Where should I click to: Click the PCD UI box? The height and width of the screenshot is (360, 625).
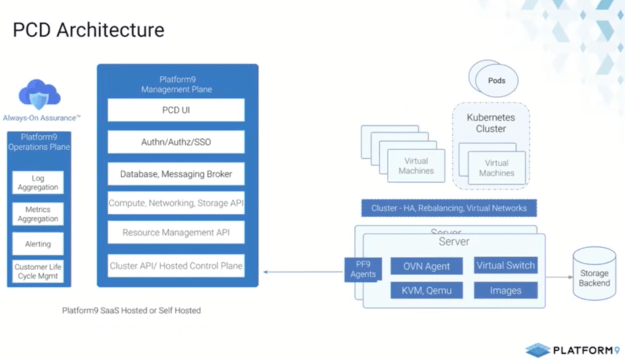click(176, 111)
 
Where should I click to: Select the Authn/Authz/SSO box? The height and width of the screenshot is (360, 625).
click(176, 142)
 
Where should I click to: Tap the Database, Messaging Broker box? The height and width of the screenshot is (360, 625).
click(176, 174)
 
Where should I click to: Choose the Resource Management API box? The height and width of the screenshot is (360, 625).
click(176, 232)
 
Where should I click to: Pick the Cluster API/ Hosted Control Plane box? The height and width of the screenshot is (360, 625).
click(176, 266)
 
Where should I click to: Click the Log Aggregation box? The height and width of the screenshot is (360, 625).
click(38, 183)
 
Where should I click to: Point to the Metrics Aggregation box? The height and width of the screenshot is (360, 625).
click(38, 214)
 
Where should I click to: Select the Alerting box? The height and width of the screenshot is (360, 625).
click(38, 244)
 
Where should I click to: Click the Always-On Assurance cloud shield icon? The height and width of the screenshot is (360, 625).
click(40, 95)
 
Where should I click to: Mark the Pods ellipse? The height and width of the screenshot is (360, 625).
click(496, 81)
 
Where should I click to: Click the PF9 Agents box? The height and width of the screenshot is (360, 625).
click(363, 270)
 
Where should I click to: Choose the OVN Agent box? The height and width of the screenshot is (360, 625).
click(427, 266)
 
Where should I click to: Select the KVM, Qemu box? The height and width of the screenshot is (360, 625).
click(427, 290)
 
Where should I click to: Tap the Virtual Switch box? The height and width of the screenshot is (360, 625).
click(505, 265)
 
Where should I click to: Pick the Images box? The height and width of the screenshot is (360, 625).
click(505, 290)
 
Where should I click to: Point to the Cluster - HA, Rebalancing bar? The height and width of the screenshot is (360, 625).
click(448, 208)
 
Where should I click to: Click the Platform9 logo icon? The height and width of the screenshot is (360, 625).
click(538, 350)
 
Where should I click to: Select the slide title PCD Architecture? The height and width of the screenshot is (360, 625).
click(89, 30)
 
